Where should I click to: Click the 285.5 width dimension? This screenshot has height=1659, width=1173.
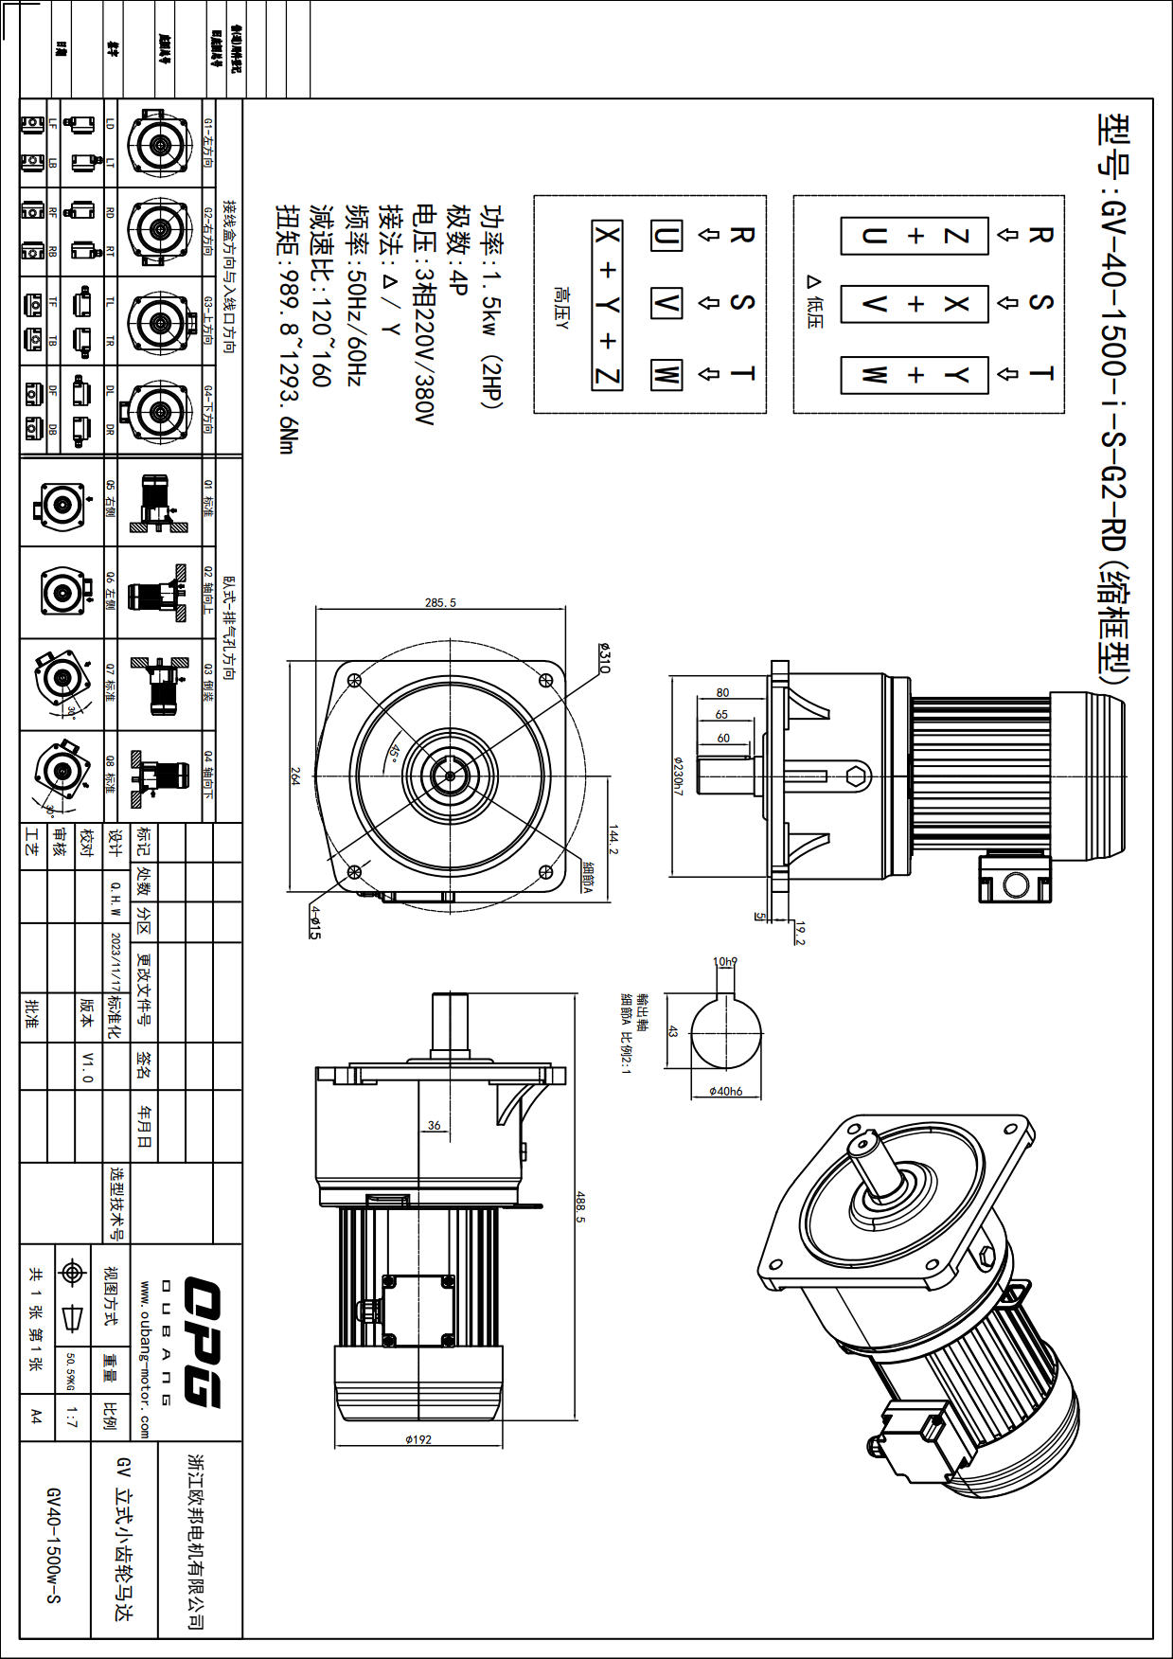pyautogui.click(x=440, y=602)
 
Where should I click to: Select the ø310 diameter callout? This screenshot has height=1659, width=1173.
pyautogui.click(x=605, y=658)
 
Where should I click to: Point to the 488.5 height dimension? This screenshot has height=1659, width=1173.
pyautogui.click(x=579, y=1206)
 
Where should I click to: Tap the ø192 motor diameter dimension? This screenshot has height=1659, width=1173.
pyautogui.click(x=418, y=1439)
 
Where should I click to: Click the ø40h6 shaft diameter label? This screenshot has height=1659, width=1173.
pyautogui.click(x=726, y=1091)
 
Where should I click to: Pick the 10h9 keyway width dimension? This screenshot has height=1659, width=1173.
pyautogui.click(x=725, y=962)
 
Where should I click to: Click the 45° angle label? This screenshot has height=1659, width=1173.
pyautogui.click(x=392, y=752)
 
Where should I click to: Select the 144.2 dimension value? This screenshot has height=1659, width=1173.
pyautogui.click(x=613, y=840)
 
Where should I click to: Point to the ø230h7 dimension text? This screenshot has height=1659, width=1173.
pyautogui.click(x=678, y=775)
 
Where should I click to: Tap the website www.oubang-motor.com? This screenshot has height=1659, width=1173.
pyautogui.click(x=145, y=1360)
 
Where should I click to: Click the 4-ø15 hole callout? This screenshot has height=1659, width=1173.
pyautogui.click(x=315, y=921)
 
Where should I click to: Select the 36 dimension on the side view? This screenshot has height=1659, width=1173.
pyautogui.click(x=434, y=1125)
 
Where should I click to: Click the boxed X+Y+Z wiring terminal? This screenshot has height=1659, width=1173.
pyautogui.click(x=607, y=305)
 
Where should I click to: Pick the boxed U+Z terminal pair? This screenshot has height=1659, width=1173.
pyautogui.click(x=915, y=236)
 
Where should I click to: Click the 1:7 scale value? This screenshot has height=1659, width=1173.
pyautogui.click(x=72, y=1417)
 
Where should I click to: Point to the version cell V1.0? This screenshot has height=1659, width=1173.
pyautogui.click(x=87, y=1066)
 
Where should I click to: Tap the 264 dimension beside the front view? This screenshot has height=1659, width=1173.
pyautogui.click(x=294, y=776)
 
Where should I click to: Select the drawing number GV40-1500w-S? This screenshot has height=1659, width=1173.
pyautogui.click(x=54, y=1544)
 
